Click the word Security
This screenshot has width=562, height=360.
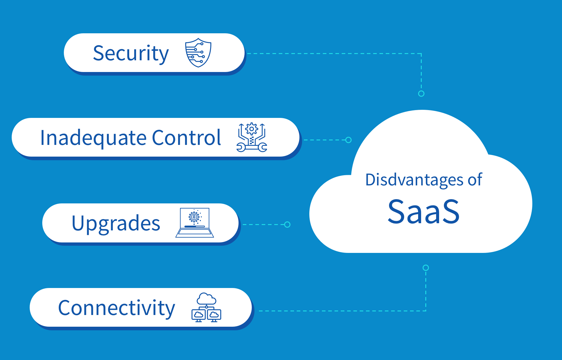tap(131, 53)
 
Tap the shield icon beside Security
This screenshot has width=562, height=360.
tap(198, 52)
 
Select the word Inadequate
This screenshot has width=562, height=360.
tap(93, 138)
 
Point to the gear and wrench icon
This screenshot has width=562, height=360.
tap(252, 137)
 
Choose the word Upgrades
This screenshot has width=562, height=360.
tap(116, 223)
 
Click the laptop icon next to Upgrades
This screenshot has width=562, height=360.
tap(195, 223)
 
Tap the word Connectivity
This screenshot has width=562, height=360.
tap(117, 308)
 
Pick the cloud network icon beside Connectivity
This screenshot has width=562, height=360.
tap(206, 307)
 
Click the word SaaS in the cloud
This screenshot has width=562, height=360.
tap(424, 212)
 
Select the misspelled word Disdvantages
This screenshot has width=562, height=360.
tap(415, 180)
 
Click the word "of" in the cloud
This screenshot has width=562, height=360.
tap(475, 179)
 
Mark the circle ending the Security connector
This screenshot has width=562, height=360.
tap(421, 94)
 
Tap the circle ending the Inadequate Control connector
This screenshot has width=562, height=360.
tap(348, 140)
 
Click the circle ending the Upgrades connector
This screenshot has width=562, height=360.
tap(287, 224)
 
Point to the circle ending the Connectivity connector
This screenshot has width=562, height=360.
tap(426, 268)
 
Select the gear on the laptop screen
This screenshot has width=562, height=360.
tap(194, 216)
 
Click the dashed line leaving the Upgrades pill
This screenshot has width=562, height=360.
tap(263, 224)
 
